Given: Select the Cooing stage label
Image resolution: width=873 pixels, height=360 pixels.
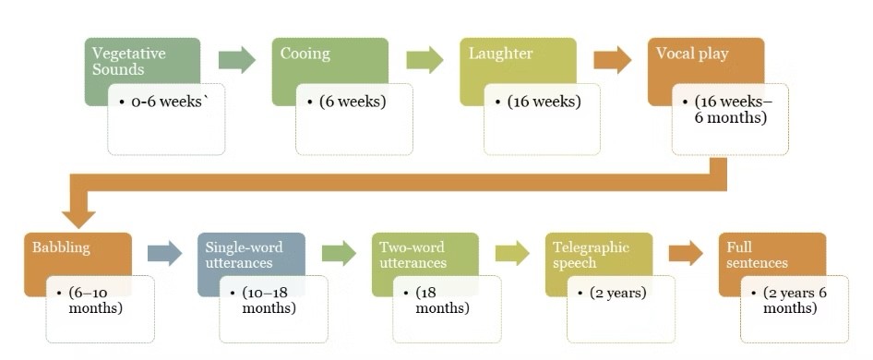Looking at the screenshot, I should [x=305, y=54].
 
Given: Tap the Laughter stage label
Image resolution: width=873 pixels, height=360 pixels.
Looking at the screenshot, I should [x=500, y=54].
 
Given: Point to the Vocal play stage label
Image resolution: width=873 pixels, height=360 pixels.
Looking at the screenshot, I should [x=692, y=54].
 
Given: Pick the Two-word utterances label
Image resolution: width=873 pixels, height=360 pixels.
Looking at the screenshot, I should [x=413, y=255].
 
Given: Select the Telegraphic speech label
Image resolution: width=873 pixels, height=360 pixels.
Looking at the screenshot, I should [x=591, y=255].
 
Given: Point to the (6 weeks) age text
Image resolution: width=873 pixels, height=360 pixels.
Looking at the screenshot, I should [x=352, y=102].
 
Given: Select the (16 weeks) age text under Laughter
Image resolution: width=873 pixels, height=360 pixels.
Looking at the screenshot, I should [x=544, y=102].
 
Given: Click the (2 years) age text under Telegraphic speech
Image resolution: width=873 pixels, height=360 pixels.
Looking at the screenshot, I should [x=617, y=294].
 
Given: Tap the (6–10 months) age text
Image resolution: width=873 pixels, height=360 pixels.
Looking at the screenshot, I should [x=95, y=300].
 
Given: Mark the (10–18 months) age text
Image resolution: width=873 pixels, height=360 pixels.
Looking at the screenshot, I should [x=269, y=300].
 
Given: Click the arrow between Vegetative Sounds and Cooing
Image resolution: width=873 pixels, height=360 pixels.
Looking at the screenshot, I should [x=236, y=61].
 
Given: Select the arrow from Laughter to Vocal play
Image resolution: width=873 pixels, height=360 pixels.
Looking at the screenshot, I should [x=612, y=61].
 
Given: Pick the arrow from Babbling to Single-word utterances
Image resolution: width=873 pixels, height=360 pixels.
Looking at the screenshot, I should [x=164, y=253].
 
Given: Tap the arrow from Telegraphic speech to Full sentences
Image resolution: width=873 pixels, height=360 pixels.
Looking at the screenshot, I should [x=685, y=253].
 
